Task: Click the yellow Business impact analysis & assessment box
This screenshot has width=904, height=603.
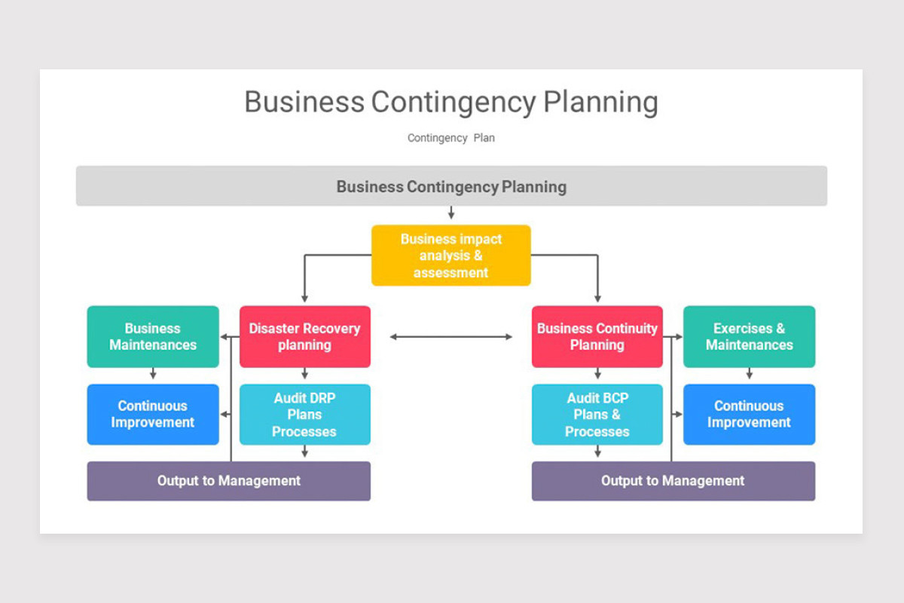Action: pos(450,256)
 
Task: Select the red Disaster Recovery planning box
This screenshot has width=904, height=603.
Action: pos(304,337)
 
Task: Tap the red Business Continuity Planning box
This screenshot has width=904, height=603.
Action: pos(597,337)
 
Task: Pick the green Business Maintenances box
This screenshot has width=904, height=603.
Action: pos(153,337)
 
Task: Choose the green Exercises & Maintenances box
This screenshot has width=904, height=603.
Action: pos(749,337)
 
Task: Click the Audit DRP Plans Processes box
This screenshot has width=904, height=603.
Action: pos(304,415)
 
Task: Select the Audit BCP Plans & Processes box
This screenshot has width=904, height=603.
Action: pos(597,415)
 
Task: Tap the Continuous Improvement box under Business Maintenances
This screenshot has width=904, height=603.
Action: pos(153,415)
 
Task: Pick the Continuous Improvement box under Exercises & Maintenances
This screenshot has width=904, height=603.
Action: pos(749,415)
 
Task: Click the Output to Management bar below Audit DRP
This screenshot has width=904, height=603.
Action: pos(228,481)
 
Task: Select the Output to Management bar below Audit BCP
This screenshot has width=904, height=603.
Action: pos(673,481)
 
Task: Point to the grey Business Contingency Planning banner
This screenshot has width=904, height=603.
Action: pos(451,186)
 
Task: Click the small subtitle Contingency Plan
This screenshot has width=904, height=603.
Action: pos(450,138)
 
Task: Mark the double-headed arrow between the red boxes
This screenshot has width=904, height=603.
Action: pos(450,337)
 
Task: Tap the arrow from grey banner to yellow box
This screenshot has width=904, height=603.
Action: pos(451,213)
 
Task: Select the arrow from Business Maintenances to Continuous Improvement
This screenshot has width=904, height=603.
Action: pos(153,374)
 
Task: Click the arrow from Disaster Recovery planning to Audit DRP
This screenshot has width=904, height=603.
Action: pos(304,374)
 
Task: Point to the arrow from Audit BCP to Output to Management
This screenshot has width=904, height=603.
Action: pos(597,452)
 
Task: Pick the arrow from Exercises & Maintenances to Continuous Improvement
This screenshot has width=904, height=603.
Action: pos(749,374)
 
